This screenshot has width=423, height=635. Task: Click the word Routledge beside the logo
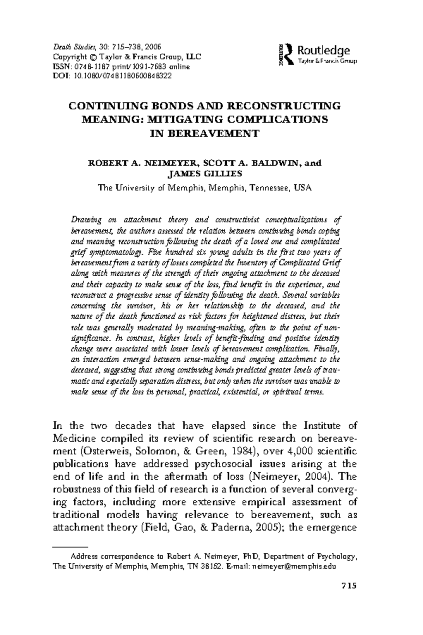click(x=324, y=50)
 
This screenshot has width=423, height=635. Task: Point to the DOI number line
click(x=112, y=75)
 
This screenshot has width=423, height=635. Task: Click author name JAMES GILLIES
click(x=204, y=174)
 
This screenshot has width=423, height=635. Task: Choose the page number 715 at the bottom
click(x=349, y=586)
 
